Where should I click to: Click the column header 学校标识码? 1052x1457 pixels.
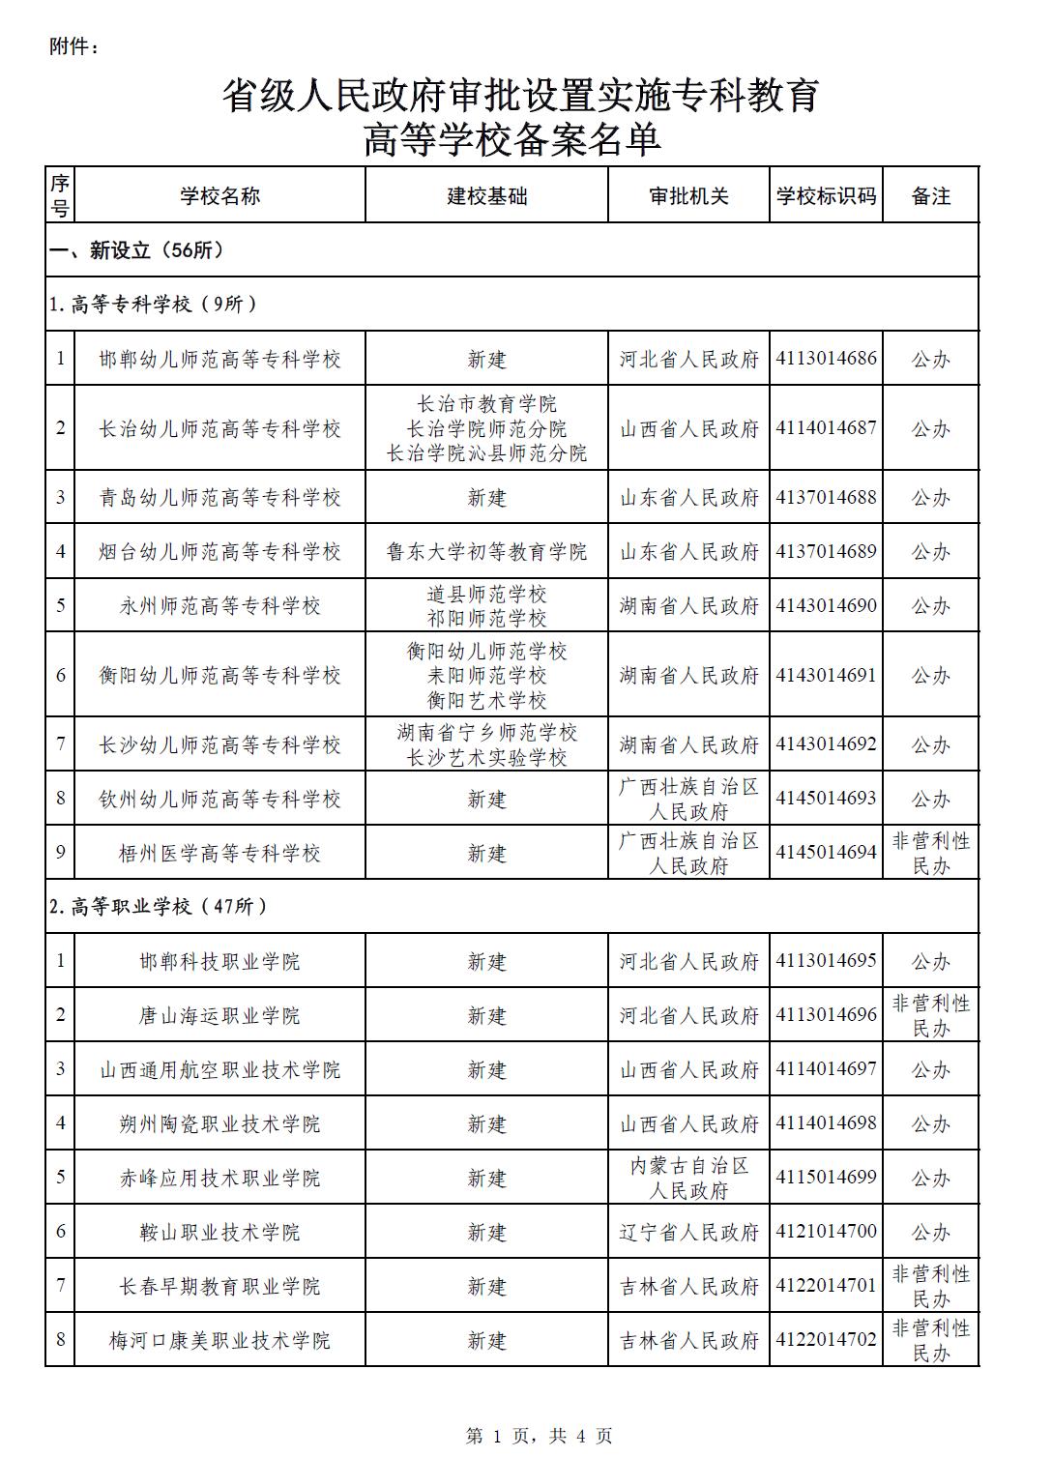coord(826,196)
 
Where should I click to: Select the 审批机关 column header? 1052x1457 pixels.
coord(688,196)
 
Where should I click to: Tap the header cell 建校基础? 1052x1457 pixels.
coord(486,196)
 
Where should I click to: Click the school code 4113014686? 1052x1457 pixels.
coord(826,359)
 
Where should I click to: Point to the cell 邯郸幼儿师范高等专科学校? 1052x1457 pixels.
coord(220,360)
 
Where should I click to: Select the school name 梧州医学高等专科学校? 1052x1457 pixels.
coord(220,853)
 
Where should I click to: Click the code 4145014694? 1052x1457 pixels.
coord(826,853)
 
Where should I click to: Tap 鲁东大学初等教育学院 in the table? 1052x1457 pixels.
coord(486,552)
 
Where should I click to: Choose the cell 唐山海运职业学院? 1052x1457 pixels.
coord(220,1015)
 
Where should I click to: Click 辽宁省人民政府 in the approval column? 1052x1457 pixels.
coord(688,1232)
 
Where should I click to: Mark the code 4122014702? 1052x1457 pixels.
coord(826,1340)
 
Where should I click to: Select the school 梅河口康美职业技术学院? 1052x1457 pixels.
coord(220,1340)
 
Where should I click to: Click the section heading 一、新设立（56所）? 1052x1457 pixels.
coord(137,250)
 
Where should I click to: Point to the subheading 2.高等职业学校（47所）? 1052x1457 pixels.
coord(159,906)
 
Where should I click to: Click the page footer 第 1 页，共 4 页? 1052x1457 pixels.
coord(539,1436)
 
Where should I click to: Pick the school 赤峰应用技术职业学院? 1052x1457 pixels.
coord(220,1178)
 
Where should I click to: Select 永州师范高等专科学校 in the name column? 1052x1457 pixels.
coord(220,606)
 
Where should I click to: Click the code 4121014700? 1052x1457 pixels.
coord(826,1232)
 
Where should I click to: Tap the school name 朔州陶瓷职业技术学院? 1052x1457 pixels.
coord(220,1123)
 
